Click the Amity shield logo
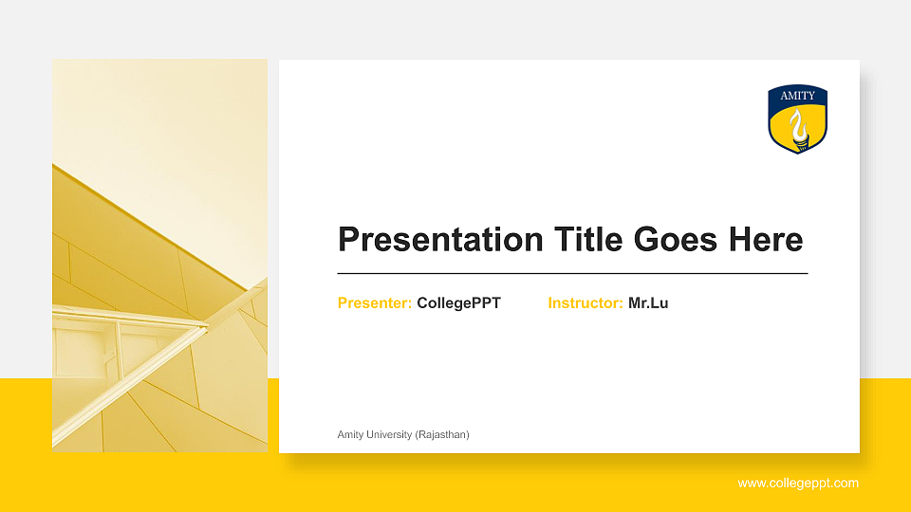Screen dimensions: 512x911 (798, 119)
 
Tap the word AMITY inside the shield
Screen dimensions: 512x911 (798, 96)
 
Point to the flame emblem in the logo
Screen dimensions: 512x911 (798, 127)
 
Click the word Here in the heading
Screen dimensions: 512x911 (766, 240)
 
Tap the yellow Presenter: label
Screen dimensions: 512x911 (375, 303)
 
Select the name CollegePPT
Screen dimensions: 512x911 (458, 303)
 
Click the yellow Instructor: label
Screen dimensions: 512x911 (586, 303)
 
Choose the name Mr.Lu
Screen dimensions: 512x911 (648, 303)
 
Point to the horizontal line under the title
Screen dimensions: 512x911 (572, 273)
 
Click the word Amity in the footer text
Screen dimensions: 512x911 (350, 434)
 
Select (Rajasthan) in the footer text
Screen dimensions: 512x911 (442, 434)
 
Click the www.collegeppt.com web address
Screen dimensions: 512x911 (798, 484)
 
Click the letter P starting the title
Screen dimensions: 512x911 (348, 240)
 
